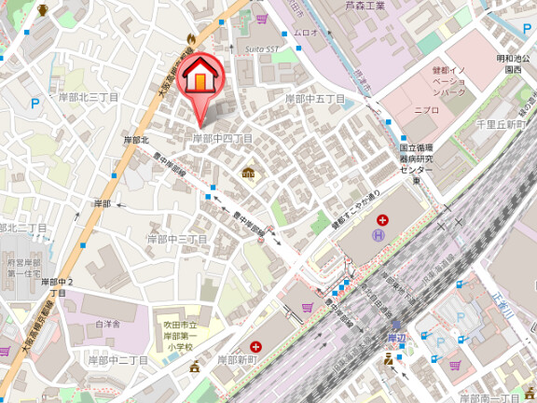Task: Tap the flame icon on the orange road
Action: [190, 39]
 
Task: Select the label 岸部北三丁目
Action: [89, 97]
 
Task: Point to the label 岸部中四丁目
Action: [222, 138]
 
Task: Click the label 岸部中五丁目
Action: [314, 98]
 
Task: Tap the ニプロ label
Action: [426, 109]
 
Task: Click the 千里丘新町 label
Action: [501, 124]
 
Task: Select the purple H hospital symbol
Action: [378, 237]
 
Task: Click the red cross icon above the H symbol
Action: [382, 220]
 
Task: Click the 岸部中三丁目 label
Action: [176, 240]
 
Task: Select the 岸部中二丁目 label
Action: [117, 359]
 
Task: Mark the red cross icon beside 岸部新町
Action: [255, 346]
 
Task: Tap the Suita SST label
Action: [263, 48]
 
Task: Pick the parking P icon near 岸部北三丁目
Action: [35, 104]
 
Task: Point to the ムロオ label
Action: [306, 33]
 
